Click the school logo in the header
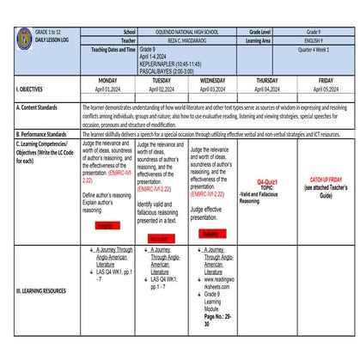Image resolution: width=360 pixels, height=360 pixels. point(24,38)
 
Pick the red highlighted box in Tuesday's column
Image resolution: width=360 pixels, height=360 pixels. point(158,238)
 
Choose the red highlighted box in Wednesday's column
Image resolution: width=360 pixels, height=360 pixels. point(210,233)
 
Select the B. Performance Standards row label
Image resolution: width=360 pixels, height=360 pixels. point(41,134)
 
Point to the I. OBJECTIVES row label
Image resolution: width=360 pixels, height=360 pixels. point(34,88)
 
